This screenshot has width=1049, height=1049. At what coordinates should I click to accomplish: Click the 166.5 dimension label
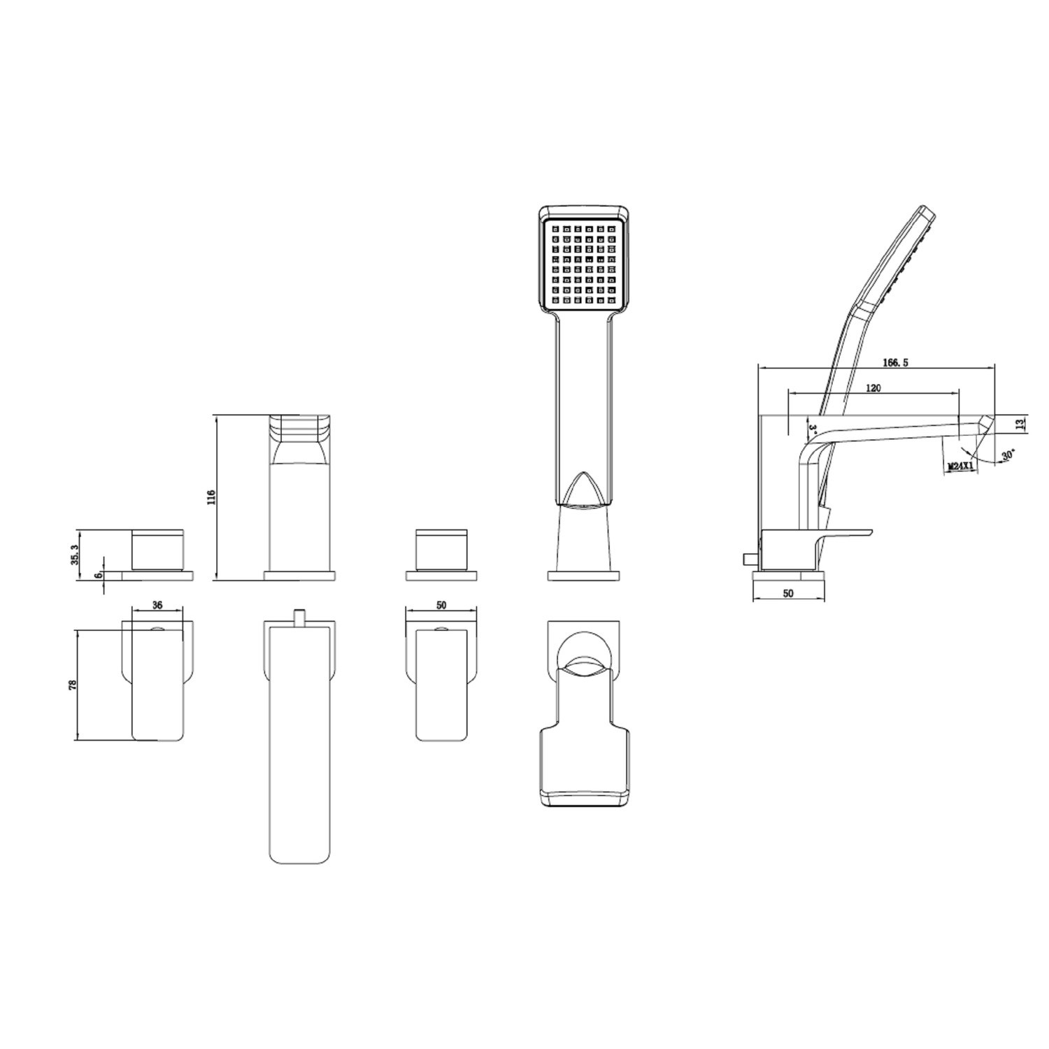(x=894, y=363)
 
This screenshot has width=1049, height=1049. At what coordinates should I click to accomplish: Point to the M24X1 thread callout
(x=961, y=465)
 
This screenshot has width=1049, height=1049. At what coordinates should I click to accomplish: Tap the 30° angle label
(x=1008, y=455)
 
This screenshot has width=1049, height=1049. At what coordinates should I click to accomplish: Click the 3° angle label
(x=813, y=427)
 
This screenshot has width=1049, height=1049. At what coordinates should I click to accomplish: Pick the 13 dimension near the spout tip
(x=1020, y=424)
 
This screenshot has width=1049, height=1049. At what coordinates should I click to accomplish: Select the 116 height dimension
(x=211, y=497)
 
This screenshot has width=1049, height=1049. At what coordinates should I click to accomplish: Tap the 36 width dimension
(x=157, y=606)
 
